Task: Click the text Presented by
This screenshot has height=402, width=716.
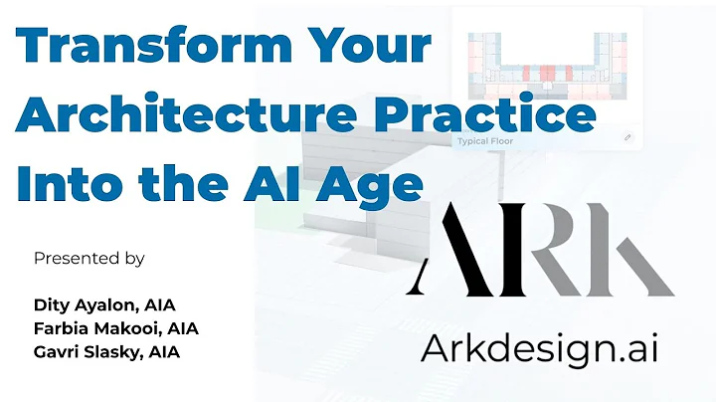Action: click(x=89, y=258)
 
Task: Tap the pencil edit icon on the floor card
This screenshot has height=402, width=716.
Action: click(x=627, y=137)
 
